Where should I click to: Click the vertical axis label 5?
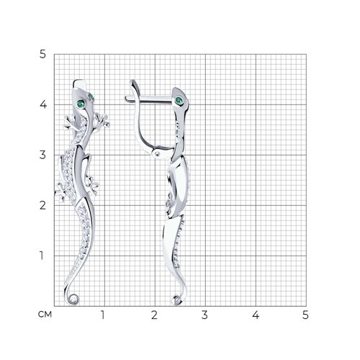[x=42, y=55]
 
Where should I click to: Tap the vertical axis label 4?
[x=43, y=104]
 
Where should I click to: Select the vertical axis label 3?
[x=42, y=155]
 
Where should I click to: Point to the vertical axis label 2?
[x=42, y=205]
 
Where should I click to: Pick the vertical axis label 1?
[x=42, y=256]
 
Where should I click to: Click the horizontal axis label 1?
[x=103, y=315]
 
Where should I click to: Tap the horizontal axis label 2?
[x=154, y=315]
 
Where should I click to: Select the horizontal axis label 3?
[x=204, y=315]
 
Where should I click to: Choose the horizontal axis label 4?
[x=256, y=315]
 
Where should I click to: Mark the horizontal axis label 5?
[x=305, y=315]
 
